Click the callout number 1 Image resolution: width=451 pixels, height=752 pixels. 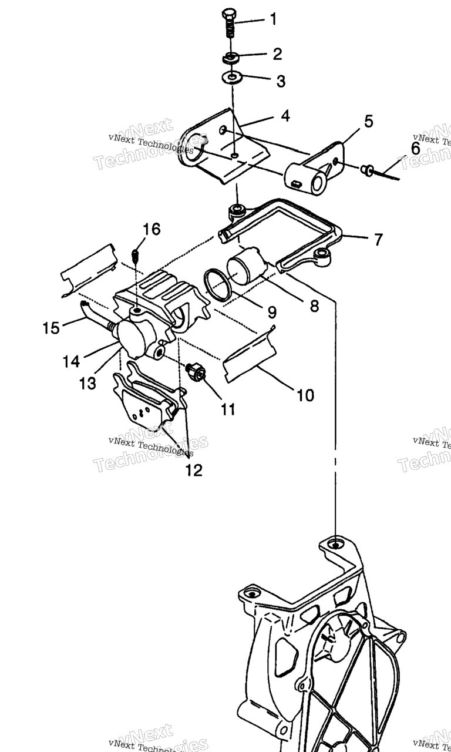pyautogui.click(x=273, y=19)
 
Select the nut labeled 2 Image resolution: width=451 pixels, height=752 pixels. pyautogui.click(x=230, y=58)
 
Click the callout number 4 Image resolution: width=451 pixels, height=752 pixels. pyautogui.click(x=285, y=116)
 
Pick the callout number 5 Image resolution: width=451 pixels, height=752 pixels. pyautogui.click(x=368, y=122)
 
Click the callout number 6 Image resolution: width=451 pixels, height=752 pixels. pyautogui.click(x=415, y=149)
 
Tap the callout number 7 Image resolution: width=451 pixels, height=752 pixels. pyautogui.click(x=378, y=240)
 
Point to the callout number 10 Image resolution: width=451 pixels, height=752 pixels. pyautogui.click(x=305, y=395)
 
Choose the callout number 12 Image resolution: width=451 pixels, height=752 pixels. pyautogui.click(x=194, y=470)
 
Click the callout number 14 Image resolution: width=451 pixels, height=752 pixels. pyautogui.click(x=71, y=361)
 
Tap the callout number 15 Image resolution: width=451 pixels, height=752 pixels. pyautogui.click(x=52, y=327)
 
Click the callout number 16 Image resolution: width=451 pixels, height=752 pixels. pyautogui.click(x=152, y=229)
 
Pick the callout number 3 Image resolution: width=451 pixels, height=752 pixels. pyautogui.click(x=281, y=81)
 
